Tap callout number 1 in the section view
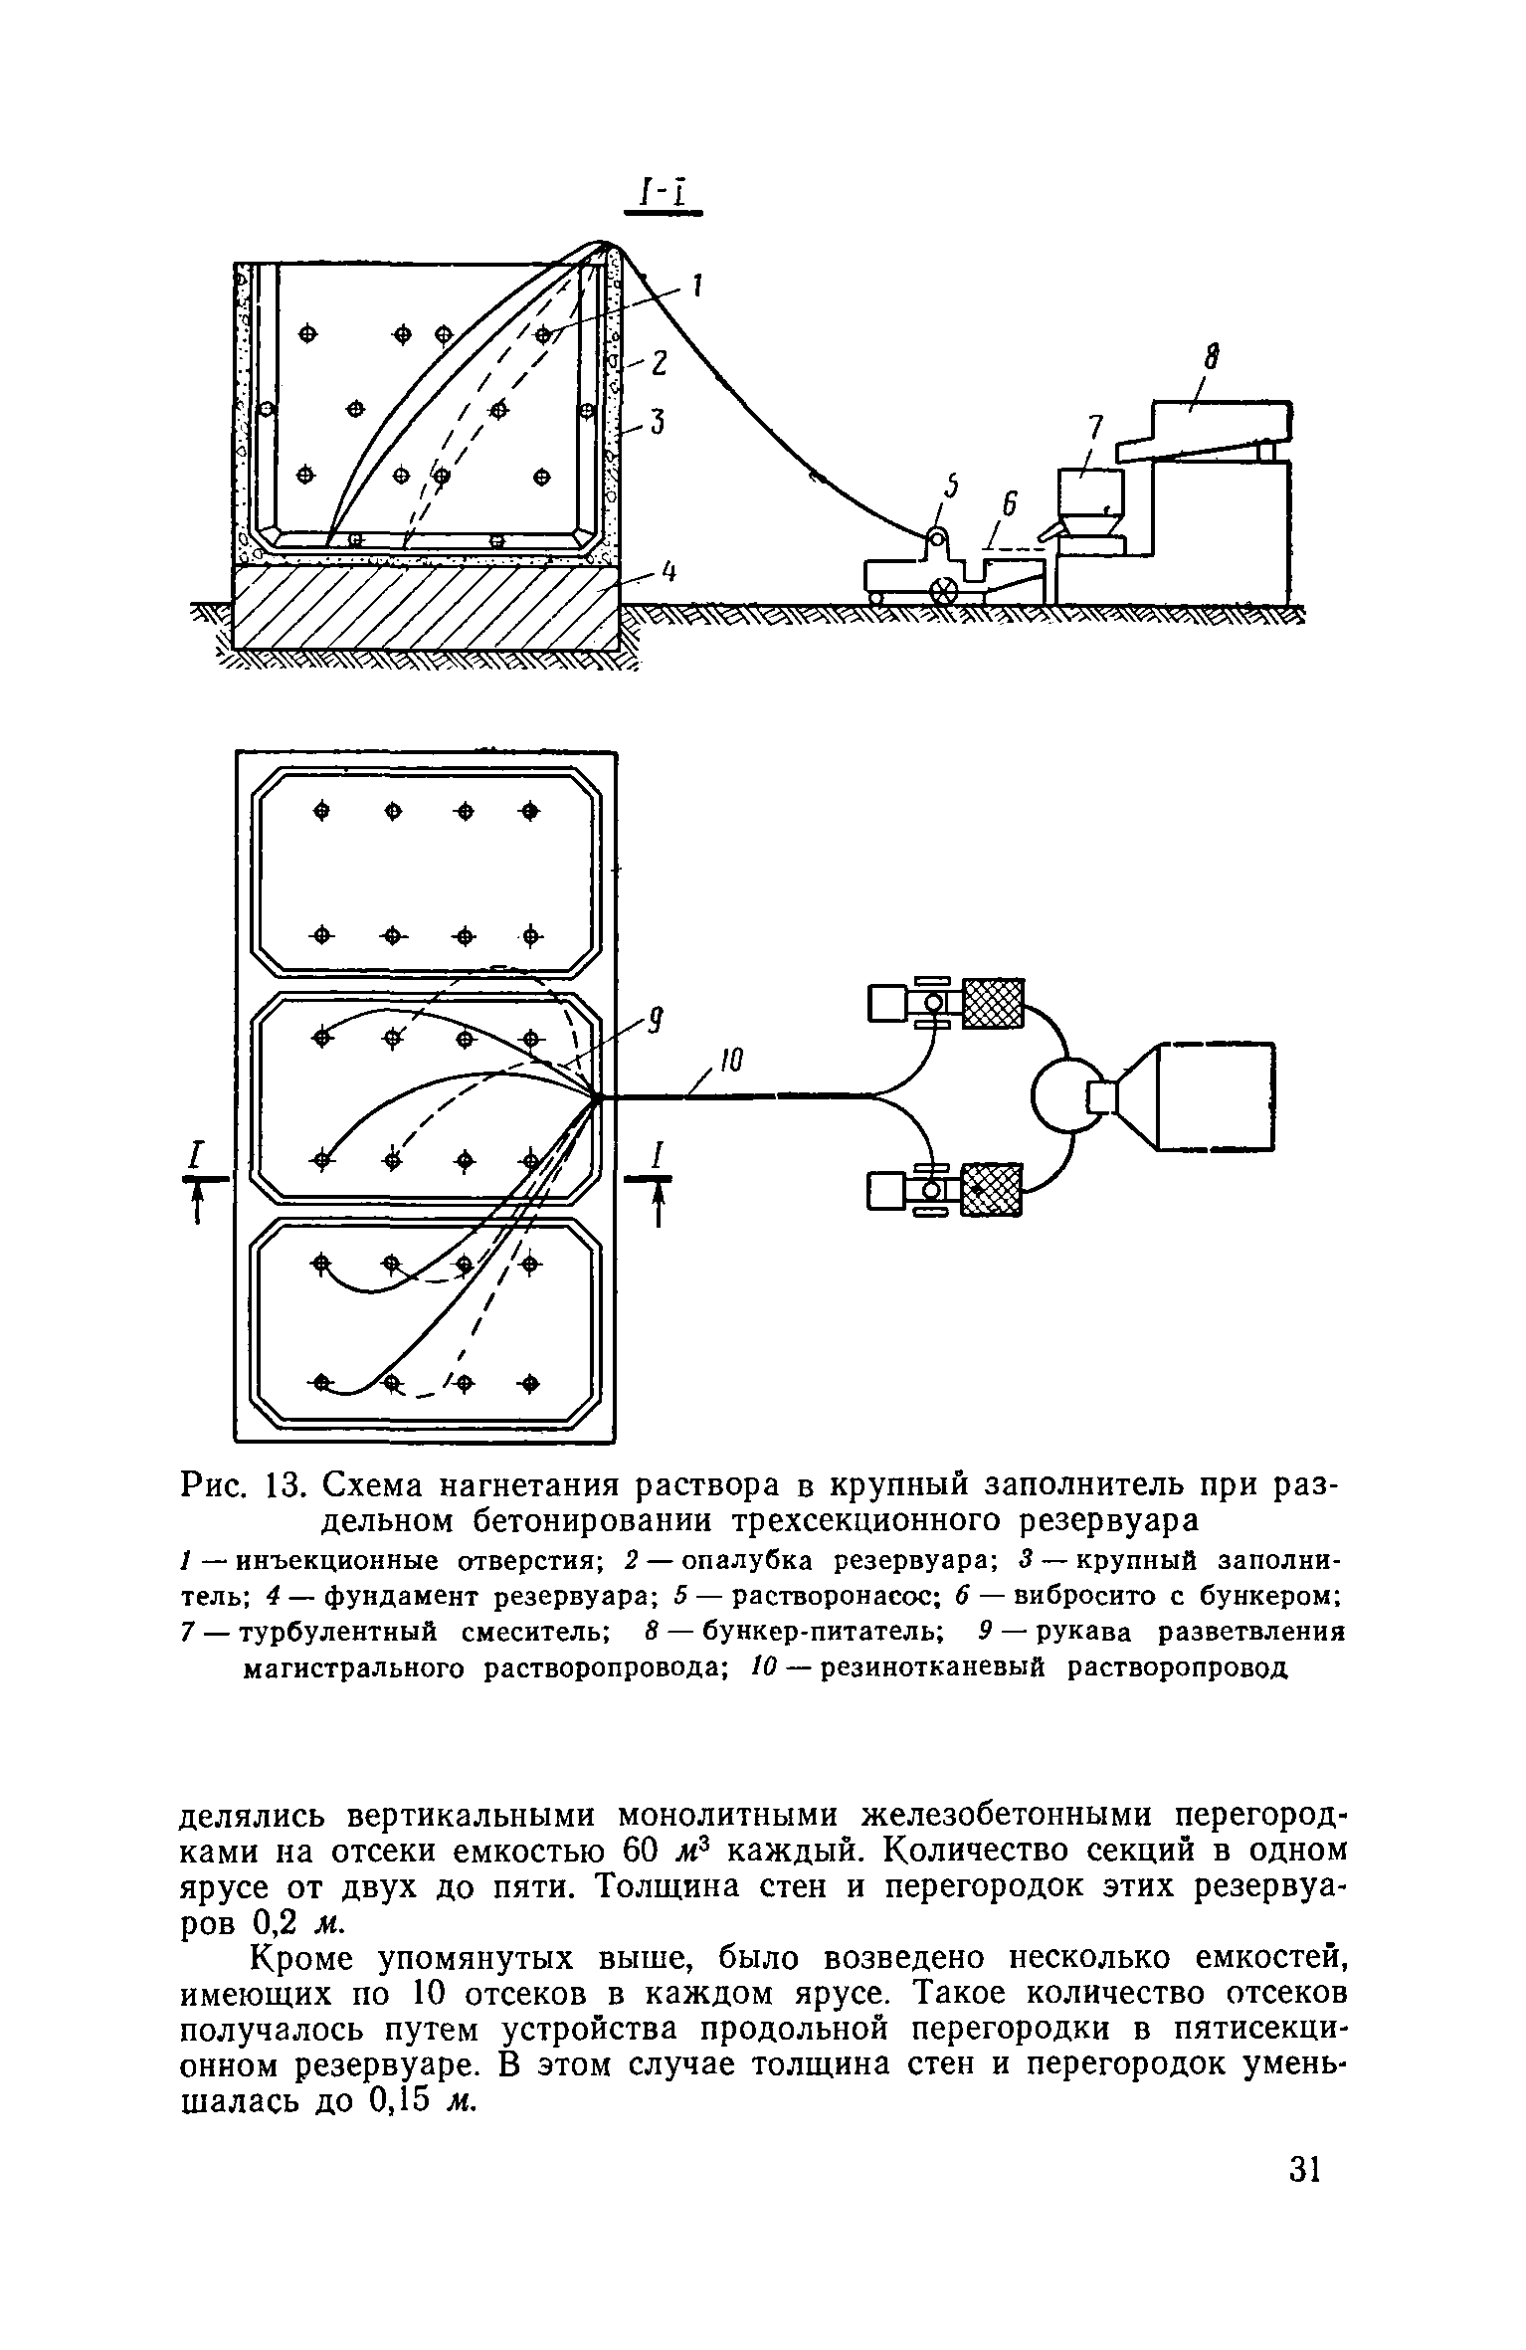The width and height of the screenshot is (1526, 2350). pos(697,287)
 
